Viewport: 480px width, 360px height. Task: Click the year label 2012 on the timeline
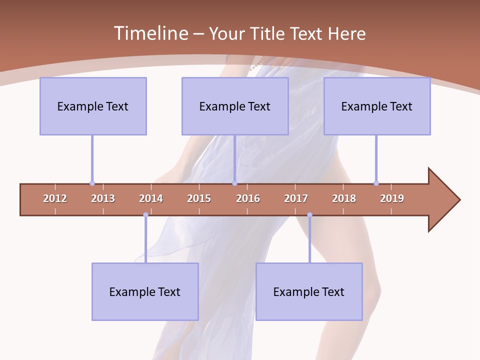click(x=55, y=198)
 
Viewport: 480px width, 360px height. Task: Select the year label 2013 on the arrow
click(x=103, y=198)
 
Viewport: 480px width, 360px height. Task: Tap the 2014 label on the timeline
click(x=151, y=198)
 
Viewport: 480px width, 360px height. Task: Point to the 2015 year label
click(x=199, y=198)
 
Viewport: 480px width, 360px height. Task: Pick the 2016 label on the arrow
click(x=248, y=198)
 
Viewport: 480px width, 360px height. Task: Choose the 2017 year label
click(x=296, y=198)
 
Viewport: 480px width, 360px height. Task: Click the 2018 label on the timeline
click(x=344, y=198)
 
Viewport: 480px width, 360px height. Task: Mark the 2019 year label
click(x=392, y=198)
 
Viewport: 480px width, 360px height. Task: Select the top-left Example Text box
click(x=93, y=106)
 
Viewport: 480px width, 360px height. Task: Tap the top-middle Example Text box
click(x=235, y=106)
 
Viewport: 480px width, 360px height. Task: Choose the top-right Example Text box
click(x=377, y=106)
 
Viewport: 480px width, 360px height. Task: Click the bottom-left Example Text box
click(x=145, y=291)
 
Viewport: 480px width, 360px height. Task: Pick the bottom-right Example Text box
click(x=309, y=291)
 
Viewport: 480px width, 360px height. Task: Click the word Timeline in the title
click(x=150, y=33)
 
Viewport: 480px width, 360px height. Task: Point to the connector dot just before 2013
click(x=92, y=183)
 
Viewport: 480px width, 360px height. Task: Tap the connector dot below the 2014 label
click(x=145, y=215)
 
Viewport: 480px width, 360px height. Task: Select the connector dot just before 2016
click(x=234, y=183)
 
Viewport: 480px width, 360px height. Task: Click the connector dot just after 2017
click(x=309, y=215)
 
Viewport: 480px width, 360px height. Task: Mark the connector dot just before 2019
click(x=376, y=183)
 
